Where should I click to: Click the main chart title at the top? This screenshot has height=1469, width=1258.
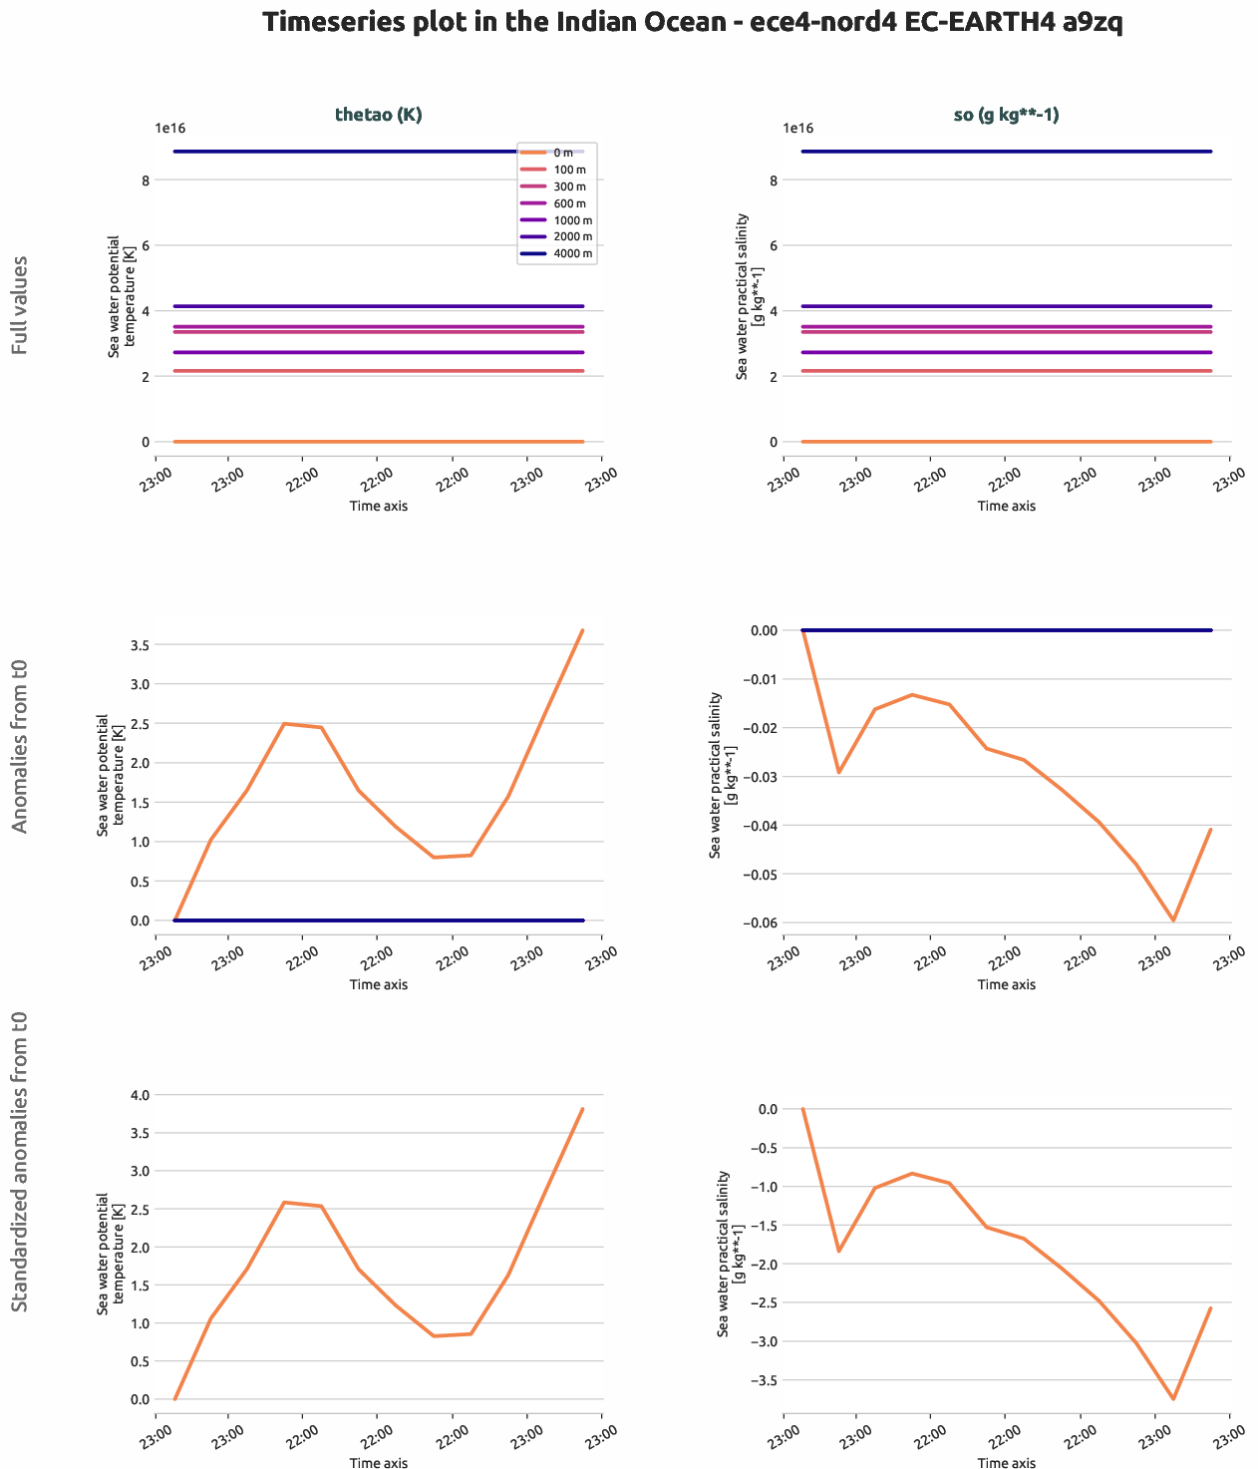tap(693, 23)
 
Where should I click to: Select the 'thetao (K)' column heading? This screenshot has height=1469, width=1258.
tap(378, 115)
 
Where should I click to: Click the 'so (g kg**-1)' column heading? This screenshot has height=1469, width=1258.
tap(1006, 115)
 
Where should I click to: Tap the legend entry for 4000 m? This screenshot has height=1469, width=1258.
tap(557, 253)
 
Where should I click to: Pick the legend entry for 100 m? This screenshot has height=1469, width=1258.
tap(557, 170)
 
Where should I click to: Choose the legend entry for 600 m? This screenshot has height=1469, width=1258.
tap(557, 203)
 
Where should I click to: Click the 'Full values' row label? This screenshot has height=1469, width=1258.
tap(20, 305)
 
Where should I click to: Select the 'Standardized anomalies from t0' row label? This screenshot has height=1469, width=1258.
tap(20, 1162)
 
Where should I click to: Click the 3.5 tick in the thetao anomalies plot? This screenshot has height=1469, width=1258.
tap(140, 645)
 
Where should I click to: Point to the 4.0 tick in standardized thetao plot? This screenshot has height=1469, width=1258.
tap(140, 1095)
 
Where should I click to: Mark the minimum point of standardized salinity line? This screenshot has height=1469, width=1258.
tap(1173, 1399)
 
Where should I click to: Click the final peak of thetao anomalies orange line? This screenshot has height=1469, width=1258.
tap(582, 630)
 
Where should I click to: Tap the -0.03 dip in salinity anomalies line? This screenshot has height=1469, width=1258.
tap(839, 772)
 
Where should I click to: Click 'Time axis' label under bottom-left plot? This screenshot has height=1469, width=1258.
tap(378, 1463)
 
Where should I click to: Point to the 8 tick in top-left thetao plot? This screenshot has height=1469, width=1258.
tap(146, 181)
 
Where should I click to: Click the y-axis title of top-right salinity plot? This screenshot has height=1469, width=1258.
tap(748, 295)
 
